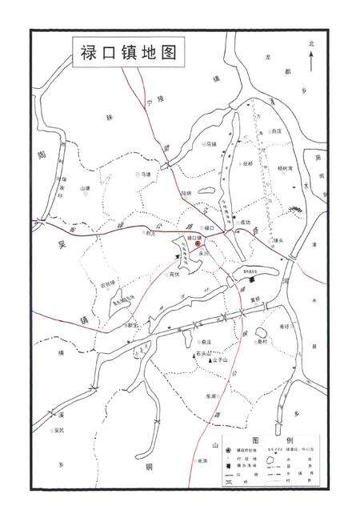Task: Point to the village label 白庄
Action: click(x=278, y=130)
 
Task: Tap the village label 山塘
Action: click(x=86, y=189)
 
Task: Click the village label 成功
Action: click(x=244, y=223)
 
